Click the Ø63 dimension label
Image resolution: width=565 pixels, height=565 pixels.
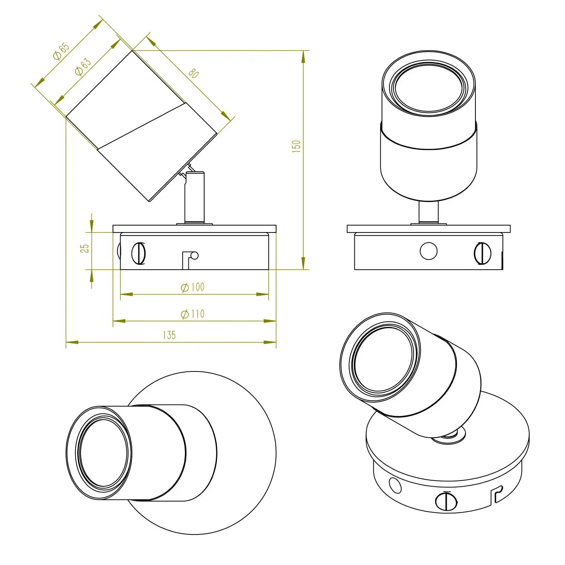pos(83,67)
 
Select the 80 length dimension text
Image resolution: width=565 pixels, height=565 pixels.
pos(193,73)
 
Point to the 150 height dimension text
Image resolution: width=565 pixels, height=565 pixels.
pos(296,146)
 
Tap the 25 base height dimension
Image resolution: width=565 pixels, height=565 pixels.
pos(85,248)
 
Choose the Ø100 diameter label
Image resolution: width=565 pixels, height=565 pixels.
pos(192,287)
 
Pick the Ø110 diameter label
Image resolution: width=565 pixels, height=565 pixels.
pos(192,313)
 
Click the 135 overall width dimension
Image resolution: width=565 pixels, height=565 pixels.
pos(169,335)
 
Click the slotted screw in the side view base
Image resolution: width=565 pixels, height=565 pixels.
pos(139,253)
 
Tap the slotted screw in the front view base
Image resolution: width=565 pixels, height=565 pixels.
pos(483,253)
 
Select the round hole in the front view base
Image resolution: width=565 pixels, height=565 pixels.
pos(429,251)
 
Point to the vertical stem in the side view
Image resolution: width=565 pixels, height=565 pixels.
pos(194,197)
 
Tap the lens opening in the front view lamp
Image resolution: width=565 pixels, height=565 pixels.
pos(429,89)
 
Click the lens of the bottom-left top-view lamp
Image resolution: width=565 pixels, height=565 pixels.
pos(103,454)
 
